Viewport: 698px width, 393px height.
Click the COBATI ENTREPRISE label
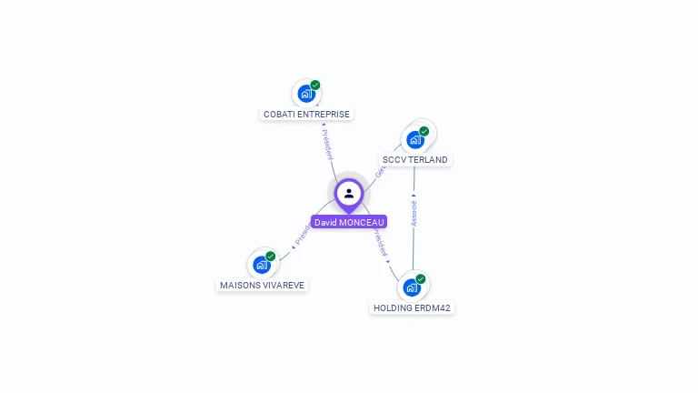306,114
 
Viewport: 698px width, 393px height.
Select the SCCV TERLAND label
414,159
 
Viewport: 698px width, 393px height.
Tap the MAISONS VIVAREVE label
262,285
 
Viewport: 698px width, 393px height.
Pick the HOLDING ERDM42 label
412,307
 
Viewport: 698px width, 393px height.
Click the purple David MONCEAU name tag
349,222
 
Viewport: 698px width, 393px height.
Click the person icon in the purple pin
349,193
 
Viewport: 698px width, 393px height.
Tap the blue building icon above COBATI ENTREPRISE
306,93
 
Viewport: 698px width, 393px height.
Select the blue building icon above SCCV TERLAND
415,139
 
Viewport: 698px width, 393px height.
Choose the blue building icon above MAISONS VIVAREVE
262,265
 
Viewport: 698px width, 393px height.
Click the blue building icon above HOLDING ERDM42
412,287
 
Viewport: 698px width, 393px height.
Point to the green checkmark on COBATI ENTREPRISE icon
315,85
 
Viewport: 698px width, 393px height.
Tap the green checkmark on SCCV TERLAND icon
424,131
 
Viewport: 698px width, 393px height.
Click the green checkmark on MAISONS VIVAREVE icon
271,257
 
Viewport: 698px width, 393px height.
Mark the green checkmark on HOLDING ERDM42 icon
421,279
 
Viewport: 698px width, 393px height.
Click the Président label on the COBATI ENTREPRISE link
327,144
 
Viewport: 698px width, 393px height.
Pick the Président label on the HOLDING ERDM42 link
380,244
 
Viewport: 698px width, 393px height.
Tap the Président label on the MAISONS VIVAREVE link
302,234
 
